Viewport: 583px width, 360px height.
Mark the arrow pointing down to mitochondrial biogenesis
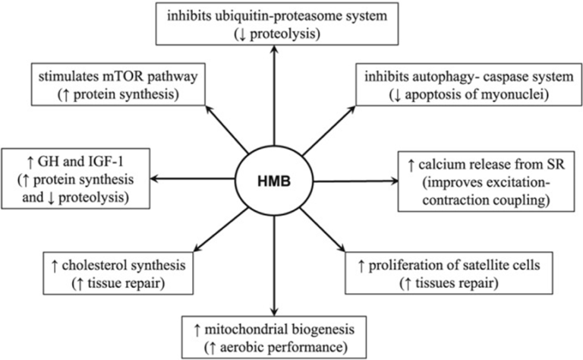[273, 266]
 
